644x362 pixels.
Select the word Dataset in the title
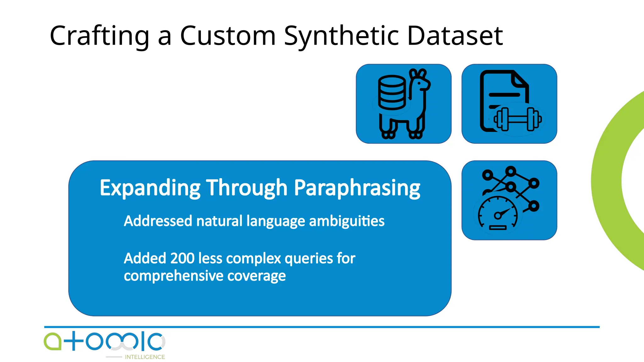point(455,36)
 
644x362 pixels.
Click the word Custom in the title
point(228,36)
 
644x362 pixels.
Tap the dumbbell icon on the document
point(517,119)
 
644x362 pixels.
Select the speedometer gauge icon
point(497,214)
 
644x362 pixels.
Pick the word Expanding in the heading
point(150,188)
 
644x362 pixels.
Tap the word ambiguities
point(347,221)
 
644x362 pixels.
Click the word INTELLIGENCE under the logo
point(145,357)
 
